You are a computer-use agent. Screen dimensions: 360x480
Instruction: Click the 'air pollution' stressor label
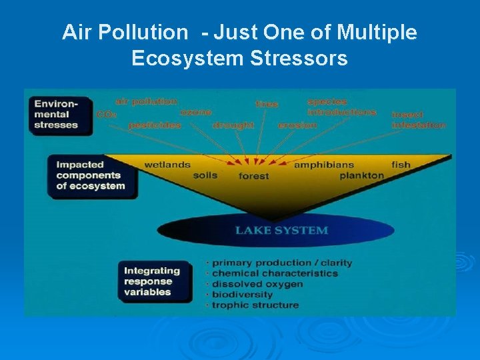tap(146, 101)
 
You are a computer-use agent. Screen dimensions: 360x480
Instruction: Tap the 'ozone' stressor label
tap(195, 113)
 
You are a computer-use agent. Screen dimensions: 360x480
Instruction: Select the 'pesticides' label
tap(154, 125)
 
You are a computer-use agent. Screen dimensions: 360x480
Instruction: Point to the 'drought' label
tap(233, 125)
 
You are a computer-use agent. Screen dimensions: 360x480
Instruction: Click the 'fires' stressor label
tap(267, 104)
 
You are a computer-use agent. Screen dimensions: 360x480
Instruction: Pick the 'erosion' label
tap(297, 125)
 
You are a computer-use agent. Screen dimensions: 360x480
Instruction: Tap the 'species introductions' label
tap(341, 107)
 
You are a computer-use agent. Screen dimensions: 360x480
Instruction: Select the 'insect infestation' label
tap(418, 120)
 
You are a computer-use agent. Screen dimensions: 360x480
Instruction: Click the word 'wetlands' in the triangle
tap(167, 165)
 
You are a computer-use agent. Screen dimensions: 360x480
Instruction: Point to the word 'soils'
tap(205, 175)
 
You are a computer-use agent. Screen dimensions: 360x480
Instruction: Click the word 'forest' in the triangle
tap(254, 176)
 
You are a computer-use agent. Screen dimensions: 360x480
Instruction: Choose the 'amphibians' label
tap(324, 165)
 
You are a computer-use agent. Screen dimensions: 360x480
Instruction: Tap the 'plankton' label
tap(361, 175)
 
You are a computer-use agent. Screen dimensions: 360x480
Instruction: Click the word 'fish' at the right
tap(401, 165)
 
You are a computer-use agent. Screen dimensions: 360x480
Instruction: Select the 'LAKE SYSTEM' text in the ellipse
tap(281, 231)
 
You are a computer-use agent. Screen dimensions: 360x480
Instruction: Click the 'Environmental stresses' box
tap(60, 115)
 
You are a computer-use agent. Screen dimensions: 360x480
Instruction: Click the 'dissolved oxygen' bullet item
tap(257, 284)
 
